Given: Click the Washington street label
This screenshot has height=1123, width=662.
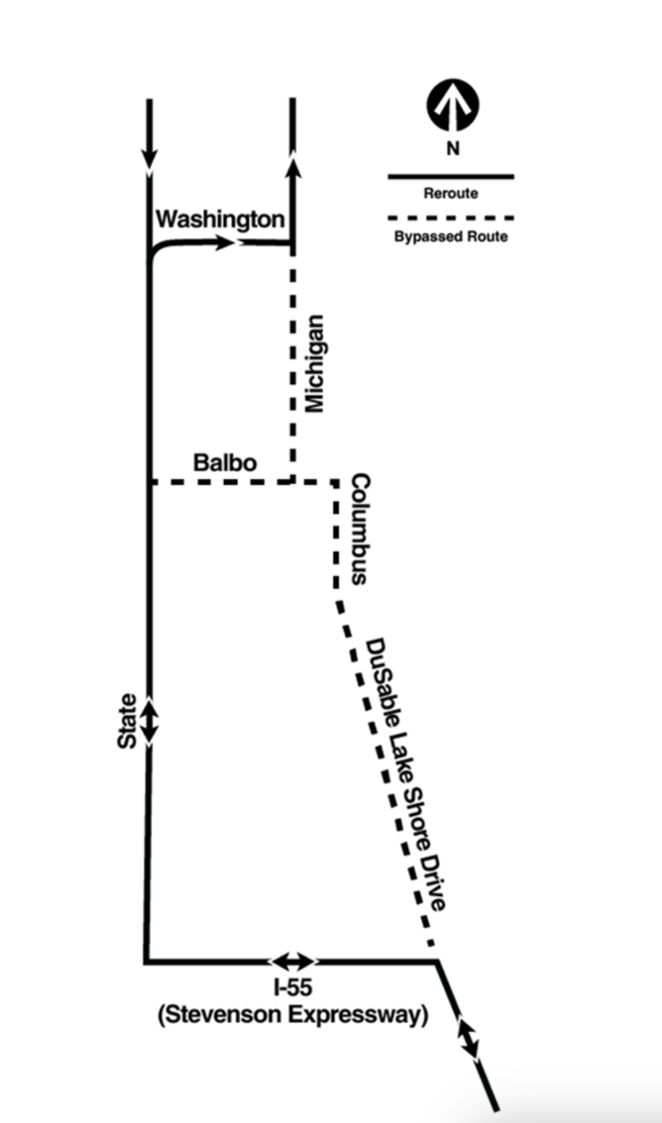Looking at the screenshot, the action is click(x=220, y=219).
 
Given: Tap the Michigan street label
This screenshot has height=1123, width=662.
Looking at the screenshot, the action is click(x=314, y=363).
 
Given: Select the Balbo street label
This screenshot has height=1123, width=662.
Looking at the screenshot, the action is click(x=224, y=462).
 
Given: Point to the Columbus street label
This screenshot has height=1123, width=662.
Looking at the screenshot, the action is click(x=360, y=529).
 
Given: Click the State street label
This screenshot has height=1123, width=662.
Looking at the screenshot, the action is click(x=127, y=720).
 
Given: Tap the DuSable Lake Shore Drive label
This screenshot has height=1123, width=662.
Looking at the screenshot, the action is click(x=405, y=774).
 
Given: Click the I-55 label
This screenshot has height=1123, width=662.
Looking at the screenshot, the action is click(x=293, y=987).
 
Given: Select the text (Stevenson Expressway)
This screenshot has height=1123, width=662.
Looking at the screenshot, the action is click(x=293, y=1014).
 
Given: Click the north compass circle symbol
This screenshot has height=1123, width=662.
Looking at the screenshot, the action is click(x=453, y=105).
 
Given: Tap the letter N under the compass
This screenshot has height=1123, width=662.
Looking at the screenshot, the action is click(x=453, y=148).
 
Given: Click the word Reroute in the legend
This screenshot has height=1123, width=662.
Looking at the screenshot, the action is click(x=451, y=194).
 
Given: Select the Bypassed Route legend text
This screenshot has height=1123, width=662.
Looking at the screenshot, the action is click(x=451, y=237).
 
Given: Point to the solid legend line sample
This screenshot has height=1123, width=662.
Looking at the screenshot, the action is click(x=451, y=177).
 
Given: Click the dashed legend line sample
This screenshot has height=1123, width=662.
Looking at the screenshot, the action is click(x=451, y=218).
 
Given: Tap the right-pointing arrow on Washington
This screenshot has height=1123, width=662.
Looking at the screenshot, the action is click(x=224, y=243).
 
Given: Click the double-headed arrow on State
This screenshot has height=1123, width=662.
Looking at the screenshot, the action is click(x=149, y=720).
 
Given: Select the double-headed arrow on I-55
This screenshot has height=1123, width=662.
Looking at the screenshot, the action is click(x=293, y=962).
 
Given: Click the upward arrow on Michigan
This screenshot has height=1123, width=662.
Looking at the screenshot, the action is click(x=293, y=164).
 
